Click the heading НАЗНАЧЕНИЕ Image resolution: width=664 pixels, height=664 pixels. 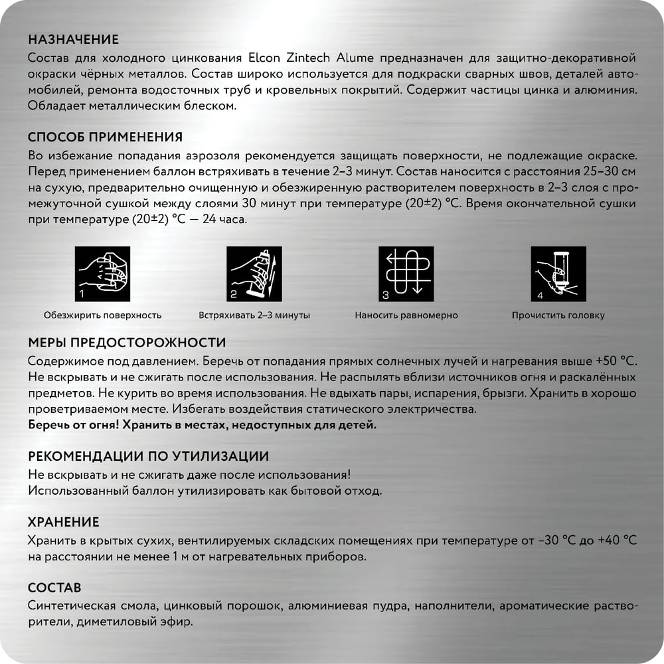pos(74,39)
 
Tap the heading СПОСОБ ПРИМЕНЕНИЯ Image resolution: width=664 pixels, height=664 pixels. pos(105,137)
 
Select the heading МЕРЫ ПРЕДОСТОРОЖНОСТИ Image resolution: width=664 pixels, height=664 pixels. pos(127,343)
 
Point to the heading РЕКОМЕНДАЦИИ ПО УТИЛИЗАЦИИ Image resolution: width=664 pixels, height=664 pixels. pos(149,456)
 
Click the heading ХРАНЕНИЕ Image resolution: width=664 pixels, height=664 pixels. pos(64,521)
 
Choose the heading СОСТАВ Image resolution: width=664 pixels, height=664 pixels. pos(54,588)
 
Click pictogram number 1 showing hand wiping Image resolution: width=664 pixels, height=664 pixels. pos(102,274)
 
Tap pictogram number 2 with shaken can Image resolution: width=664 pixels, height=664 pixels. pos(254,274)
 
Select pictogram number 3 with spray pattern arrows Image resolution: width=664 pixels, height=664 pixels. pos(406,274)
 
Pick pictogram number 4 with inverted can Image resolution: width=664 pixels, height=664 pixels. pos(558,274)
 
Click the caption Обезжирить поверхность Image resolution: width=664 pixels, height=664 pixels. pos(102,315)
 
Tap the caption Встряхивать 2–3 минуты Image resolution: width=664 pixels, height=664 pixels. pos(254,315)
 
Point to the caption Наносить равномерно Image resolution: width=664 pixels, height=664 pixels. pos(406,315)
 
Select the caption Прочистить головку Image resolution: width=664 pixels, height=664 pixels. pos(558,315)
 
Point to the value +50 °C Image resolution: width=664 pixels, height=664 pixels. pos(616,361)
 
